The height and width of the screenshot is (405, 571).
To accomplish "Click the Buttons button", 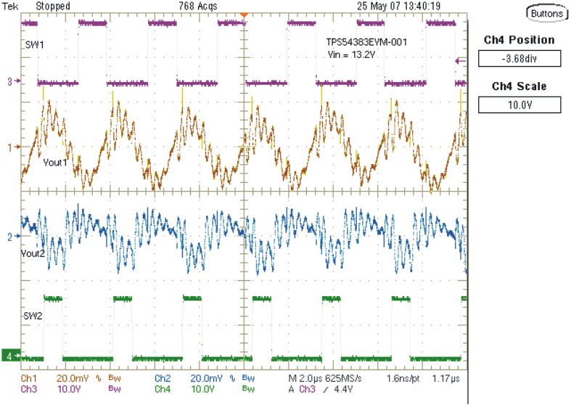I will (x=545, y=13).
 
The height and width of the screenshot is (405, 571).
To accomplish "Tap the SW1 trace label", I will (x=34, y=44).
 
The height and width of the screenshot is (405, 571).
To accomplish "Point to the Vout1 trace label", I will (x=55, y=161).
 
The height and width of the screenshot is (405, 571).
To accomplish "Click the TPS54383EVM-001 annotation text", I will (x=366, y=43).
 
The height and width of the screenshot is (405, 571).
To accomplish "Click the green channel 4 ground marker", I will (x=10, y=356).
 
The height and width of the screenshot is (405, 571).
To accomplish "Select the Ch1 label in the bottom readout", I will (x=29, y=379).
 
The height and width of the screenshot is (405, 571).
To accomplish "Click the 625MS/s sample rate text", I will (x=355, y=379).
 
